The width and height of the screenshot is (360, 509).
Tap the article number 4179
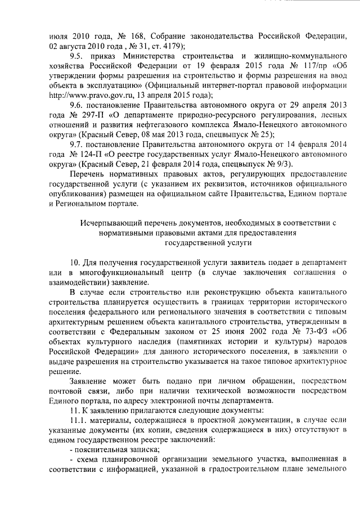click(169, 47)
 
